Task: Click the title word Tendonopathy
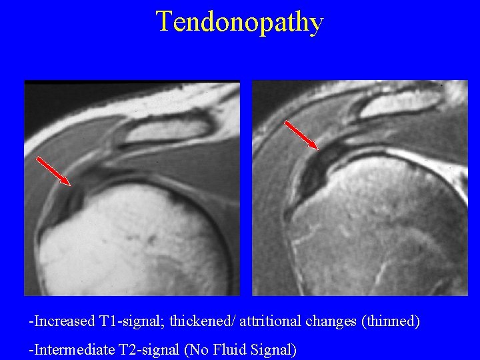click(239, 22)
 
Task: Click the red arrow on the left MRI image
click(53, 171)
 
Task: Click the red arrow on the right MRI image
click(301, 135)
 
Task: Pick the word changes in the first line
click(331, 321)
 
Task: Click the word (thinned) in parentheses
click(390, 321)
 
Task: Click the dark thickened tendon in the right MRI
click(320, 163)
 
